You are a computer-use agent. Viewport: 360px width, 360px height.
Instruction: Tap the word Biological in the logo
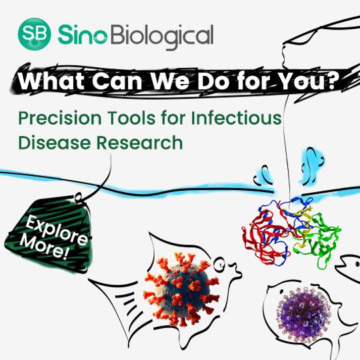tap(159, 35)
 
